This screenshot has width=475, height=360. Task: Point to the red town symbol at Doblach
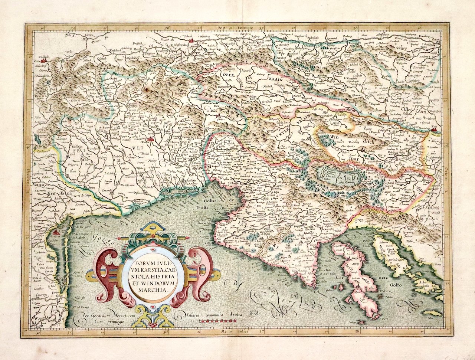[43, 59]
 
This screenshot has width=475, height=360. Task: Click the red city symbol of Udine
[151, 140]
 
